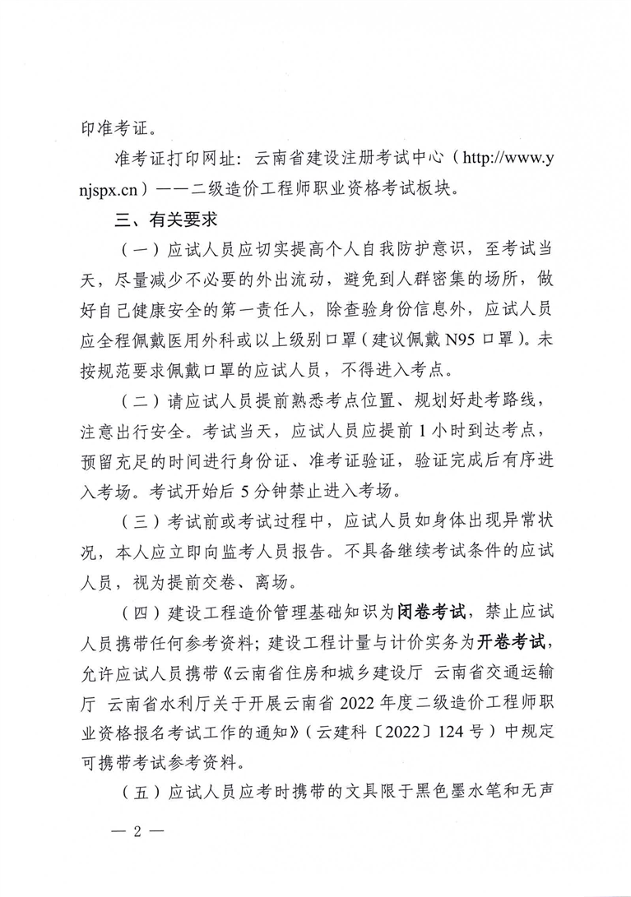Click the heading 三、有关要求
(165, 219)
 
